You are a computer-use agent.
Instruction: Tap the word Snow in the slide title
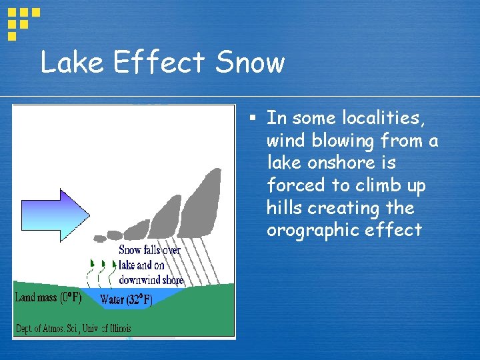point(250,63)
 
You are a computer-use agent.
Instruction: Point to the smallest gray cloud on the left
point(100,238)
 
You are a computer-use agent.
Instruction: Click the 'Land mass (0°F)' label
point(48,297)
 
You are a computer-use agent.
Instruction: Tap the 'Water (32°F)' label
point(127,300)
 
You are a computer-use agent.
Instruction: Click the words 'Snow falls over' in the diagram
point(150,250)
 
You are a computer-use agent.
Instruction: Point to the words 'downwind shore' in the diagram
point(151,280)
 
